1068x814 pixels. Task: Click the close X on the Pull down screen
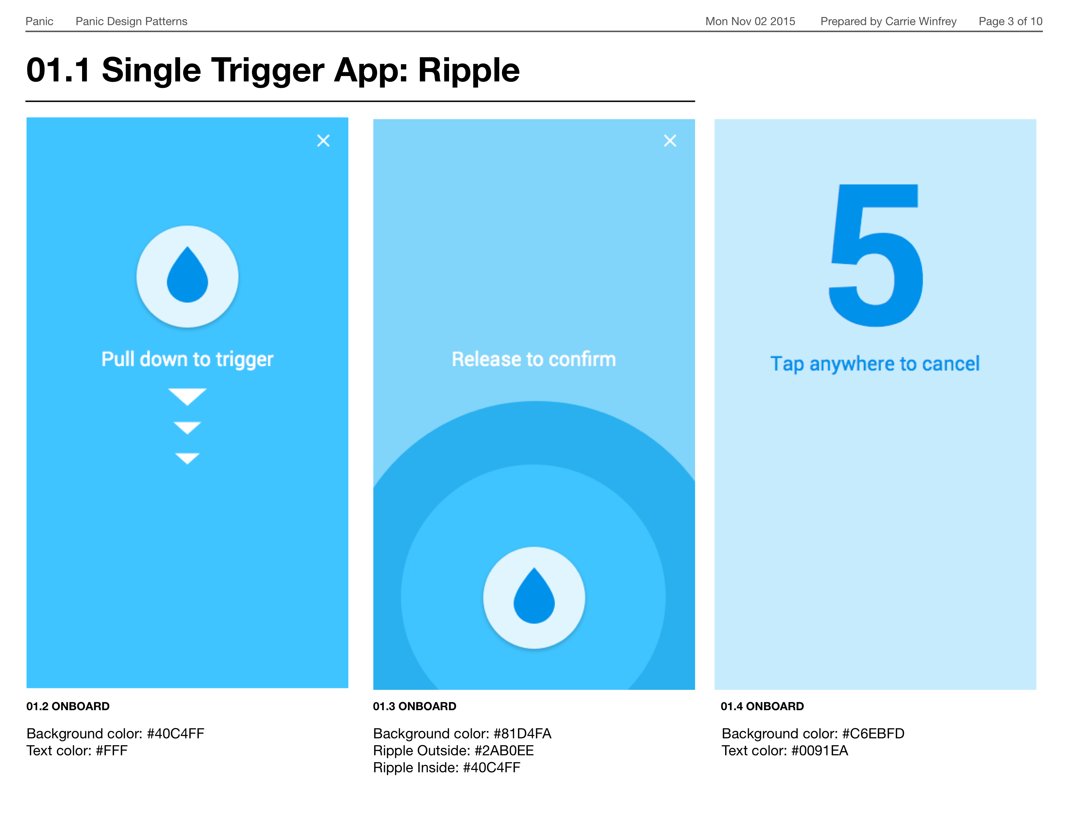pos(323,140)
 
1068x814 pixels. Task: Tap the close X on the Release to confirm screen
pos(670,140)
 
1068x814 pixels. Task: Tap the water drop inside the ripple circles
pos(534,595)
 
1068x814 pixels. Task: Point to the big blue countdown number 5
pos(876,255)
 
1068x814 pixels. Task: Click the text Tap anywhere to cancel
pos(875,364)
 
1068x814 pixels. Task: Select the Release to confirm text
pos(534,359)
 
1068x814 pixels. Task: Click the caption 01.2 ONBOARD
pos(68,706)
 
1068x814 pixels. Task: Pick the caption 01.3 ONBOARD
pos(414,706)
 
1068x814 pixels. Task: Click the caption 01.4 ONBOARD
pos(762,706)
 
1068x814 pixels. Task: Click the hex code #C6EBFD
pos(873,734)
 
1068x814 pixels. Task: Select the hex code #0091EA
pos(820,751)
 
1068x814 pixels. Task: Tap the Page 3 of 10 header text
pos(1010,21)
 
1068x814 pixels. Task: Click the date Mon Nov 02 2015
pos(750,21)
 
